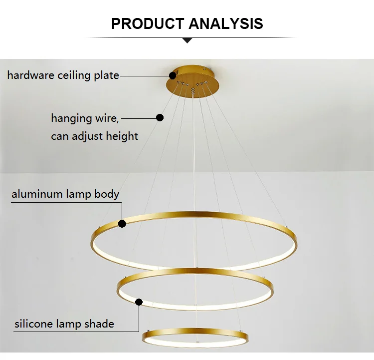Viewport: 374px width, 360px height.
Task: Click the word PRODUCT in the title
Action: pos(148,23)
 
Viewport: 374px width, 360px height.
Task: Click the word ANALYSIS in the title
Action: pos(226,23)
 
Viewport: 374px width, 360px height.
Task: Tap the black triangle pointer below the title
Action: pos(187,40)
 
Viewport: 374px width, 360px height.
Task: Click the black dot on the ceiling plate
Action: pos(173,76)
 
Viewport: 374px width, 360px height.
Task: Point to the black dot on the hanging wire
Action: pos(160,117)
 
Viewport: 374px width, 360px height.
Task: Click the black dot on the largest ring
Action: pos(122,224)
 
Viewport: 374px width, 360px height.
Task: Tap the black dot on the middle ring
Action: pos(139,302)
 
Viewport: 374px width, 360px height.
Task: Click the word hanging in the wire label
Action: pos(71,118)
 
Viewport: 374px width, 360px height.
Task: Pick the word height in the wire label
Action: pos(122,136)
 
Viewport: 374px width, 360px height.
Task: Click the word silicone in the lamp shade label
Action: pos(33,324)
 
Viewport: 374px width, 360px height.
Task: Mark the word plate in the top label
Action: pos(106,76)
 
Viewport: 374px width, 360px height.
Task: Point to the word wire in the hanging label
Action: pos(107,118)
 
